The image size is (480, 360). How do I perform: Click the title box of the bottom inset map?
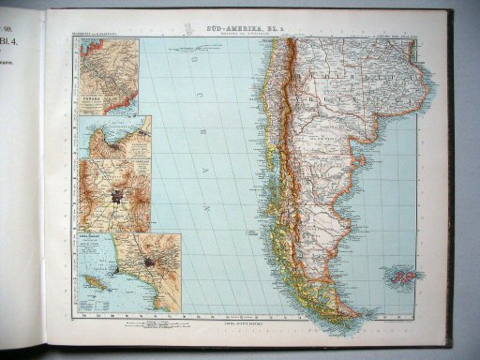click(96, 240)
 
